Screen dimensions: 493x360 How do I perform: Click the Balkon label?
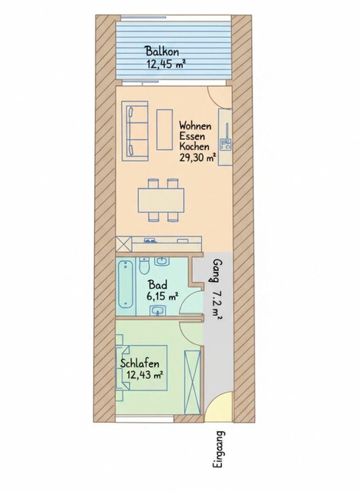pos(165,52)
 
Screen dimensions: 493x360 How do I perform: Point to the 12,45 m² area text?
pos(165,65)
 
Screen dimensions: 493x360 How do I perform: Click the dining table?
pos(161,200)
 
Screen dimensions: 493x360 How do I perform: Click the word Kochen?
pos(195,146)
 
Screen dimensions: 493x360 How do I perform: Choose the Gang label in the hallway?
pos(217,273)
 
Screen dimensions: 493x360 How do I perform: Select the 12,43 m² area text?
pos(145,376)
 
